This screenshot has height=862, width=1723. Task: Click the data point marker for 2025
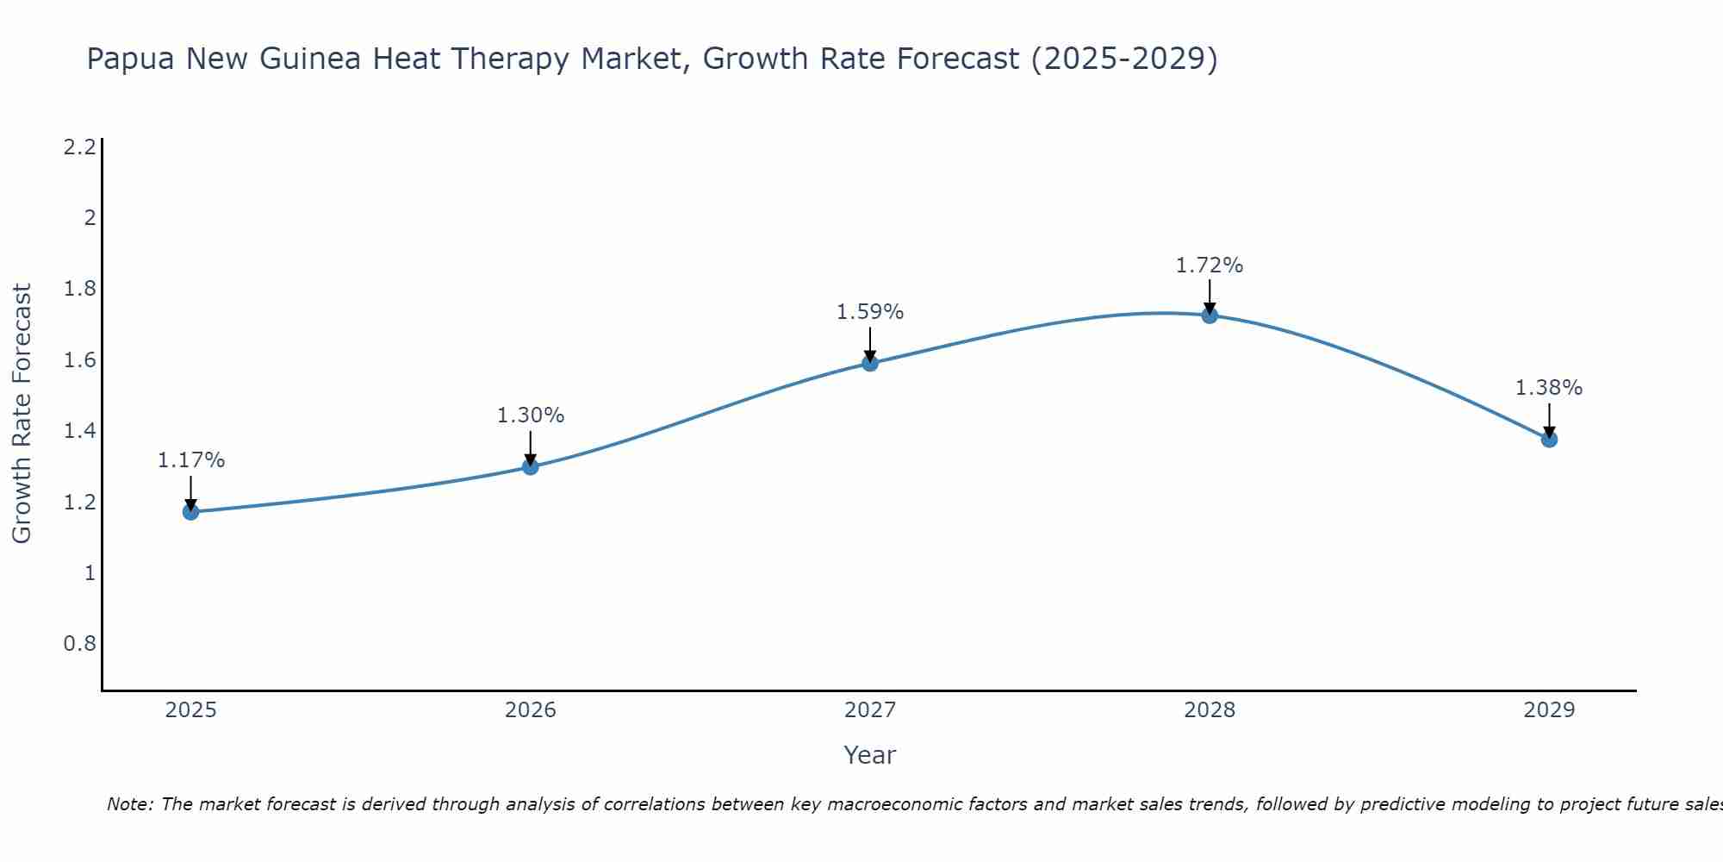tap(190, 512)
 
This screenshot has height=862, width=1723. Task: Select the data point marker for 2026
tap(531, 466)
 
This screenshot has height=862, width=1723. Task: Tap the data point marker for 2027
tap(870, 363)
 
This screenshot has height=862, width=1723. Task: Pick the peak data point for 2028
tap(1210, 315)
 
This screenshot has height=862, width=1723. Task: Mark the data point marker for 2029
tap(1549, 440)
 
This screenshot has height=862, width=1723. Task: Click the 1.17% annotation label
tap(190, 460)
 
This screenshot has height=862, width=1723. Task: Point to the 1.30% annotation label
tap(531, 415)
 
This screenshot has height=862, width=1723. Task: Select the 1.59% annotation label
tap(870, 312)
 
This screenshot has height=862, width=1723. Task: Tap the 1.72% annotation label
tap(1210, 265)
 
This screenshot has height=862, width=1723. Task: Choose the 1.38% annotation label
tap(1549, 388)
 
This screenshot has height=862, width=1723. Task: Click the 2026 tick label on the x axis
tap(531, 710)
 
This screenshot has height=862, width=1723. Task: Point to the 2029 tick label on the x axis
tap(1549, 710)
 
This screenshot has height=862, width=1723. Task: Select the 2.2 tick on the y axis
tap(79, 147)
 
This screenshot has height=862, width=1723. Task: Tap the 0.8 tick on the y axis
tap(79, 644)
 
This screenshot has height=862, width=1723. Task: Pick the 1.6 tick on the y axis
tap(79, 360)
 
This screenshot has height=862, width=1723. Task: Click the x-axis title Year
tap(870, 755)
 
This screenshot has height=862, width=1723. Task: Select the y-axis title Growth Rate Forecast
tap(22, 414)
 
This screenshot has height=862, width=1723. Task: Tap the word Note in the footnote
tap(129, 804)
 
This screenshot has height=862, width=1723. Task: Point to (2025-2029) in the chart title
tap(1124, 59)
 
